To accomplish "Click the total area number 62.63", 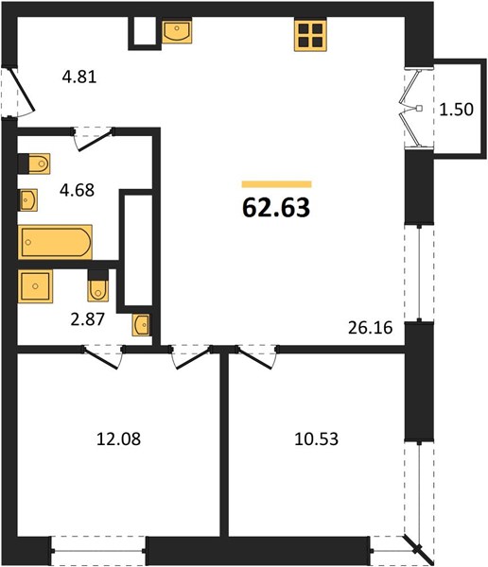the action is pyautogui.click(x=276, y=208).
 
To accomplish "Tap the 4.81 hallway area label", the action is pyautogui.click(x=79, y=77).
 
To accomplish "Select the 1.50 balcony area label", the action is pyautogui.click(x=456, y=110).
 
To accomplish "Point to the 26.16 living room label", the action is pyautogui.click(x=371, y=328).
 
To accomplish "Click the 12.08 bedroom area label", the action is pyautogui.click(x=119, y=439).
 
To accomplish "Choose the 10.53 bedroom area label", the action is pyautogui.click(x=317, y=439).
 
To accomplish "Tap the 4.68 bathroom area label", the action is pyautogui.click(x=78, y=190).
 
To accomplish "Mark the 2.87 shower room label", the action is pyautogui.click(x=88, y=319).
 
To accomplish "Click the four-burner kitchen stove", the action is pyautogui.click(x=310, y=35).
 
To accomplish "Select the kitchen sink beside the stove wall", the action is pyautogui.click(x=177, y=31).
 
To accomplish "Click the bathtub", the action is pyautogui.click(x=55, y=242).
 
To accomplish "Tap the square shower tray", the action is pyautogui.click(x=35, y=286).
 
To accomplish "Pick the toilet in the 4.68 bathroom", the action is pyautogui.click(x=34, y=163).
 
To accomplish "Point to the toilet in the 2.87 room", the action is pyautogui.click(x=97, y=285).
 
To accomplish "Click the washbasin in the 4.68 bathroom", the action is pyautogui.click(x=27, y=200).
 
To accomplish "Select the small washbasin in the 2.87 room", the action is pyautogui.click(x=142, y=325).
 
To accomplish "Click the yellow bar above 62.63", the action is pyautogui.click(x=276, y=184).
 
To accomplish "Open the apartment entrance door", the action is pyautogui.click(x=21, y=90).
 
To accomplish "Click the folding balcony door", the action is pyautogui.click(x=411, y=109).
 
